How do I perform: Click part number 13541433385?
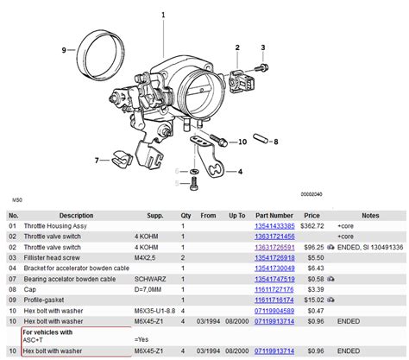tap(274, 225)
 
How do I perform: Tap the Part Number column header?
tap(274, 215)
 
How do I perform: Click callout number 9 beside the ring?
tap(64, 50)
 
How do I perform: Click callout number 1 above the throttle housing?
tap(163, 14)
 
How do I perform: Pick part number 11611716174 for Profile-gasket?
tap(274, 298)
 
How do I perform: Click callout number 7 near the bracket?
tap(98, 160)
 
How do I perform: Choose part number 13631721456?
tap(274, 236)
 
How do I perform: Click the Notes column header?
tap(370, 215)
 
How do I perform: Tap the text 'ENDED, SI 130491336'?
tap(376, 246)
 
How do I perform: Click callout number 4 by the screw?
tap(239, 171)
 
